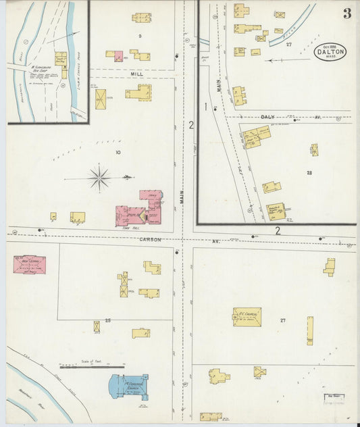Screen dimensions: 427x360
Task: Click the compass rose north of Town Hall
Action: [x=99, y=178]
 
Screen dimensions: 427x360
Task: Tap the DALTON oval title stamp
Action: [x=331, y=51]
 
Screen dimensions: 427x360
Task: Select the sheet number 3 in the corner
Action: [x=346, y=14]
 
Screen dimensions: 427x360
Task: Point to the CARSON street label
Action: [x=150, y=240]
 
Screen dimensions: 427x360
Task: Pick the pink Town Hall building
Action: [x=132, y=214]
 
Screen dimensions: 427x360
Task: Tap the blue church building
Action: [x=128, y=386]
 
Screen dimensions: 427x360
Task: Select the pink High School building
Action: [x=29, y=264]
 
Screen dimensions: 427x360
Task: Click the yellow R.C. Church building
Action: [x=247, y=317]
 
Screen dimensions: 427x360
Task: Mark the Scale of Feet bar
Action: [x=92, y=367]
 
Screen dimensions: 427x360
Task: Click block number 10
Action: [x=118, y=153]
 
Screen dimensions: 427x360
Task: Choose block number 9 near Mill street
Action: [x=140, y=35]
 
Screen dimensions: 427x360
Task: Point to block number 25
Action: [x=107, y=320]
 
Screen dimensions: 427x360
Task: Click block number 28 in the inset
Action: [x=309, y=173]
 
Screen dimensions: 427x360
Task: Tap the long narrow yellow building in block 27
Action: [x=310, y=330]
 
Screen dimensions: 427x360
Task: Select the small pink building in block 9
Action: [x=118, y=56]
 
